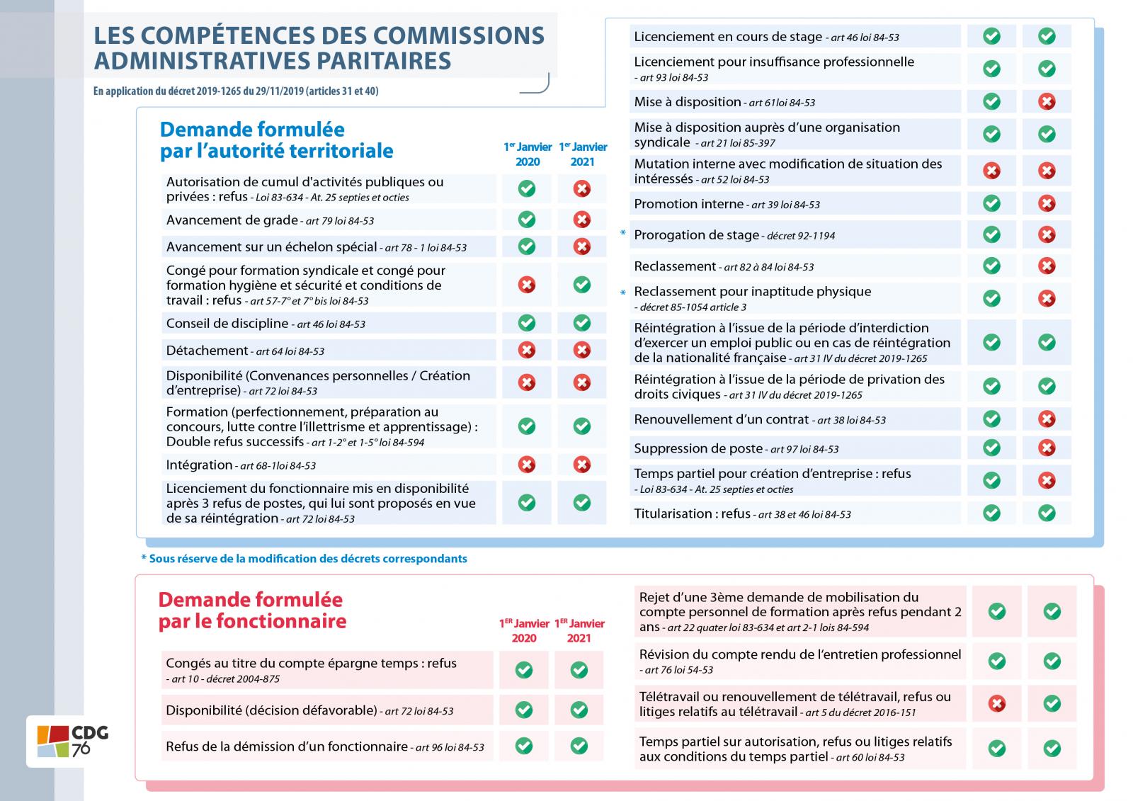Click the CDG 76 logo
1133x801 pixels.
click(69, 741)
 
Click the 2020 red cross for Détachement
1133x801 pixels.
click(526, 350)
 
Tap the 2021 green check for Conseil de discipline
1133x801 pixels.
click(581, 323)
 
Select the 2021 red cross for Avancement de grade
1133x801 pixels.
click(581, 220)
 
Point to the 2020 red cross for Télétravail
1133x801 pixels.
click(996, 703)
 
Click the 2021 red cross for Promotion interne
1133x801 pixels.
click(1047, 203)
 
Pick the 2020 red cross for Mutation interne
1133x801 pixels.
click(991, 171)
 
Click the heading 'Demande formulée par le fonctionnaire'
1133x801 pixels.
click(251, 610)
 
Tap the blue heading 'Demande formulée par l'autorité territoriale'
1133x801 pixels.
click(276, 140)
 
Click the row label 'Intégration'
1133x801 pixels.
click(200, 465)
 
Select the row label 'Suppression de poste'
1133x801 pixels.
click(698, 448)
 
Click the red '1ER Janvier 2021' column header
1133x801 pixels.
click(579, 630)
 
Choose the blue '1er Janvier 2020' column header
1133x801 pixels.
click(528, 154)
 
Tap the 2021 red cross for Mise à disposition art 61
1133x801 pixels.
click(1047, 101)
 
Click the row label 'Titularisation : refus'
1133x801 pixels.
click(692, 513)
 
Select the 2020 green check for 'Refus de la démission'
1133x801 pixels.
click(524, 746)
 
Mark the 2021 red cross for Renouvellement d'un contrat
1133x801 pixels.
click(1047, 419)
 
